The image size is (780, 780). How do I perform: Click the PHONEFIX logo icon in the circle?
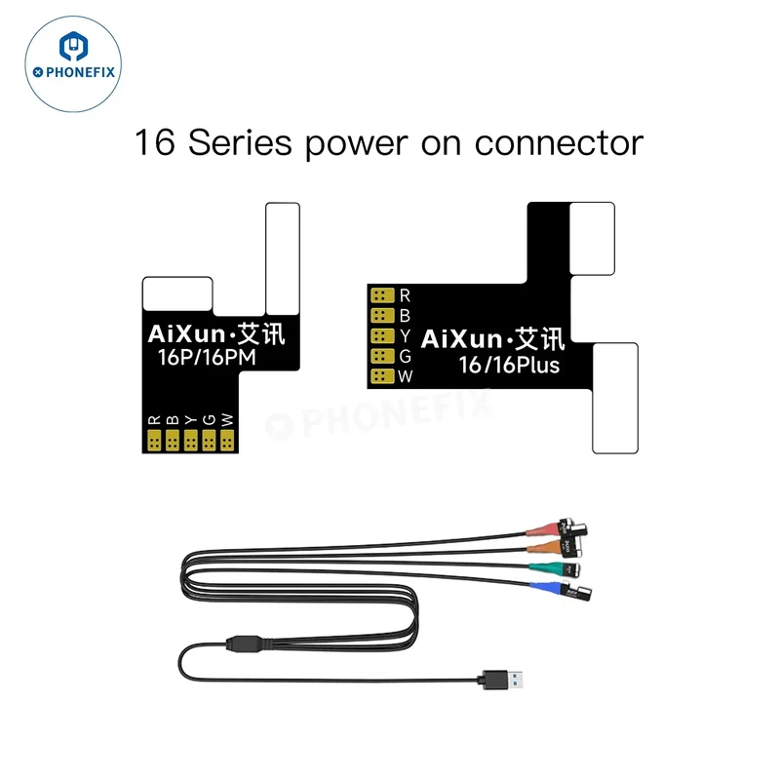pyautogui.click(x=73, y=46)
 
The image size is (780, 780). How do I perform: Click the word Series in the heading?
pyautogui.click(x=240, y=142)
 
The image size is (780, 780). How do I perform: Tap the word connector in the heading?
pyautogui.click(x=559, y=143)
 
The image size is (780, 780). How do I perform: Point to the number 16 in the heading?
pyautogui.click(x=155, y=142)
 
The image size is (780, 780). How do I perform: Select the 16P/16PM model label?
pyautogui.click(x=207, y=357)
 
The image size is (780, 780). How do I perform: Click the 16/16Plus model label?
pyautogui.click(x=509, y=365)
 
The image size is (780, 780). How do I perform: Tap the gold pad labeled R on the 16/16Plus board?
pyautogui.click(x=382, y=295)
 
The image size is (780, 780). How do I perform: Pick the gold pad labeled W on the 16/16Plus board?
pyautogui.click(x=382, y=376)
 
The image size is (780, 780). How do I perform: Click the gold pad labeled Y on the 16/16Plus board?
pyautogui.click(x=382, y=335)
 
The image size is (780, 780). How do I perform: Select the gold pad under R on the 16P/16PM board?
pyautogui.click(x=154, y=441)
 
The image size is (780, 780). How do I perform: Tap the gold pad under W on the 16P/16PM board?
pyautogui.click(x=227, y=441)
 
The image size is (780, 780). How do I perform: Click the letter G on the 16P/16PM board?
pyautogui.click(x=209, y=420)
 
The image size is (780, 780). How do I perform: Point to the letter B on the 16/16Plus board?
pyautogui.click(x=405, y=316)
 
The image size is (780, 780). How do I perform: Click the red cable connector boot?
pyautogui.click(x=543, y=528)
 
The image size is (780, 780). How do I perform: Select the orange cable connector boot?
pyautogui.click(x=544, y=546)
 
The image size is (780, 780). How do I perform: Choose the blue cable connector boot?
pyautogui.click(x=546, y=588)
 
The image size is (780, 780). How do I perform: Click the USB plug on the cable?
pyautogui.click(x=500, y=680)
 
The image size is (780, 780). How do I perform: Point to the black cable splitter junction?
pyautogui.click(x=246, y=643)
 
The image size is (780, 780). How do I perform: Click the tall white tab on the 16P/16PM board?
pyautogui.click(x=283, y=258)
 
